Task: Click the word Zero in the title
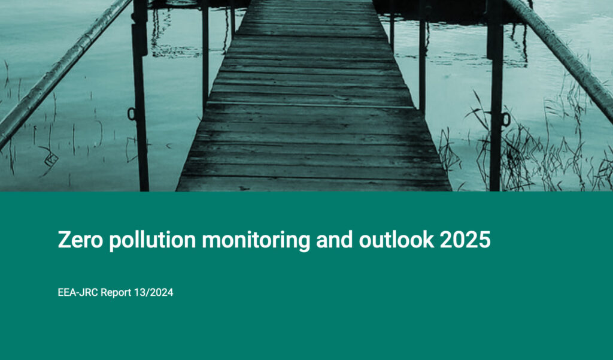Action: coord(81,240)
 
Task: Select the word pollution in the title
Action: coord(153,241)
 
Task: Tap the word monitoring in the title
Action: coord(256,241)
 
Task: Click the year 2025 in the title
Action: coord(465,240)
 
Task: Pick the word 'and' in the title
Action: coord(335,239)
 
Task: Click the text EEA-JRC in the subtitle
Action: coord(78,292)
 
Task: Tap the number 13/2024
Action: coord(154,292)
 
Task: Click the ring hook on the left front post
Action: coord(131,114)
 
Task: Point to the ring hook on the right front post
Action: coord(506,119)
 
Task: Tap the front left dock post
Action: coord(140,95)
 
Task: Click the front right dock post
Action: coord(495,95)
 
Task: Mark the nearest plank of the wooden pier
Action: coord(314,184)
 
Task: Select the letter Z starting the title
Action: coord(64,240)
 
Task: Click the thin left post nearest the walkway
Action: coord(205,55)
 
